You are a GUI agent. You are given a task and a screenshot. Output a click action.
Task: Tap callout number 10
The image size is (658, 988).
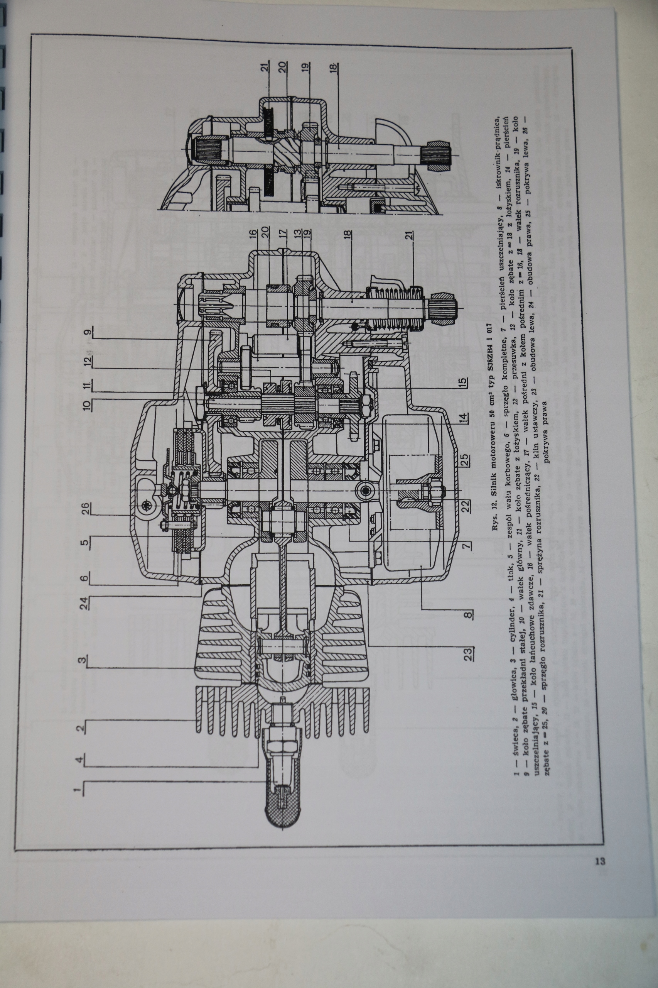click(x=86, y=405)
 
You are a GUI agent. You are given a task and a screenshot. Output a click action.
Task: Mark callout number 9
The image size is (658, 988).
click(x=87, y=333)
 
